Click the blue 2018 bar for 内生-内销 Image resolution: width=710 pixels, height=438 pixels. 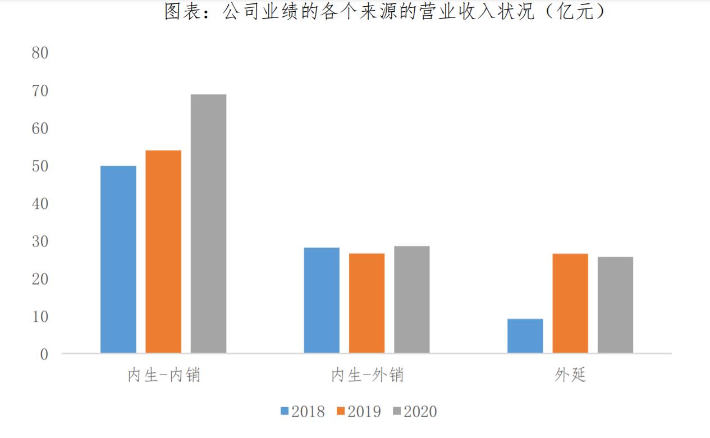118,259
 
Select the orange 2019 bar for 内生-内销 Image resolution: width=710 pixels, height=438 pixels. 163,252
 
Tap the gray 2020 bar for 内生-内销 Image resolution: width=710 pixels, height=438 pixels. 208,223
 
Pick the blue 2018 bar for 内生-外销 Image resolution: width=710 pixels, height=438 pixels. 322,300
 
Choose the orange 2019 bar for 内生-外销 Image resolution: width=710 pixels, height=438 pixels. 367,303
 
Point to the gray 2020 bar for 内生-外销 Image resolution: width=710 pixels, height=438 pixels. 411,299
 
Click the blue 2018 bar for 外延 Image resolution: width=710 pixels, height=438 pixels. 525,336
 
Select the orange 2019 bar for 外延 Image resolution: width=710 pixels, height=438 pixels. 570,303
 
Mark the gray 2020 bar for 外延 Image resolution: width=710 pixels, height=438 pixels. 615,305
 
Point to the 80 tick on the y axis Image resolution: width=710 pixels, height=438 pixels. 41,53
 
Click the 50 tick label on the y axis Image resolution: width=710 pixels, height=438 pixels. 41,166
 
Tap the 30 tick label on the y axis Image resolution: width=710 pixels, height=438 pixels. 41,241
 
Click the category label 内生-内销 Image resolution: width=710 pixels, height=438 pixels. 163,375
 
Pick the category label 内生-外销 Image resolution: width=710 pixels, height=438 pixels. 367,375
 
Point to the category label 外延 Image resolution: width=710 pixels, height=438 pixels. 570,375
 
